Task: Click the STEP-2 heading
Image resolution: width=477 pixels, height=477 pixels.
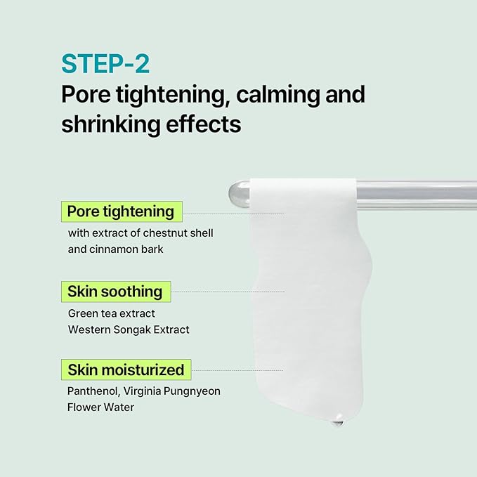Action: tap(105, 63)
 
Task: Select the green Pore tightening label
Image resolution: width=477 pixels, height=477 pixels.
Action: tap(121, 211)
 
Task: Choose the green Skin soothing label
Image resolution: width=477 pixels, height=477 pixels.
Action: tap(115, 291)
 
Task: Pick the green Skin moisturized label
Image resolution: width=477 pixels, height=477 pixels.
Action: tap(126, 370)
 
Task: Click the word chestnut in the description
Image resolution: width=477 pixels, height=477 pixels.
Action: tap(164, 233)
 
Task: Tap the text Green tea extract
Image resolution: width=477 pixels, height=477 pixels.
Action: tap(112, 313)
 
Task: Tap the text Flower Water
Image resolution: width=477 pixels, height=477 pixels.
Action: tap(101, 407)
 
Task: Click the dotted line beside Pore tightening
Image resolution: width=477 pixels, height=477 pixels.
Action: tap(232, 213)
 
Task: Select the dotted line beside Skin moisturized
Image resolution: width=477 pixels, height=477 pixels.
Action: tap(236, 370)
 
